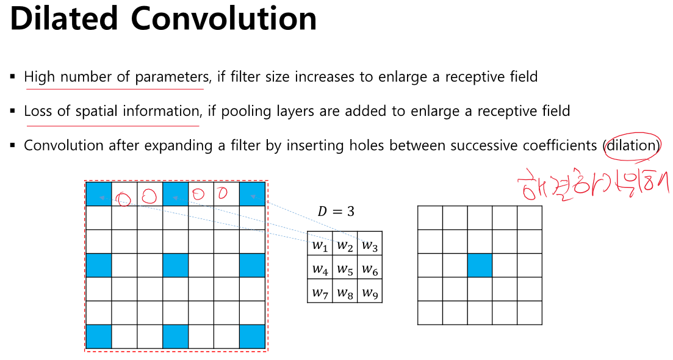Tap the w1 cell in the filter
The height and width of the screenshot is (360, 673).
coord(320,245)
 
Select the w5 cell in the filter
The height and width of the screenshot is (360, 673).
coord(345,268)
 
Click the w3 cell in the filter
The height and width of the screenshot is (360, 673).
coord(369,245)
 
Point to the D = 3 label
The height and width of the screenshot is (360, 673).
coord(336,212)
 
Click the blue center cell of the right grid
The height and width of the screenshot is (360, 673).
coord(480,265)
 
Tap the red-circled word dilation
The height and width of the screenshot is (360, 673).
coord(632,146)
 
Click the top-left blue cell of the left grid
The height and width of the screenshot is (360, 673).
coord(98,194)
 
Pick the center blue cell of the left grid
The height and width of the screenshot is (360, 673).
coord(176,265)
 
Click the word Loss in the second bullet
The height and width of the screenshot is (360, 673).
coord(37,112)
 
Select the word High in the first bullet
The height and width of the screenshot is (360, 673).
coord(40,77)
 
